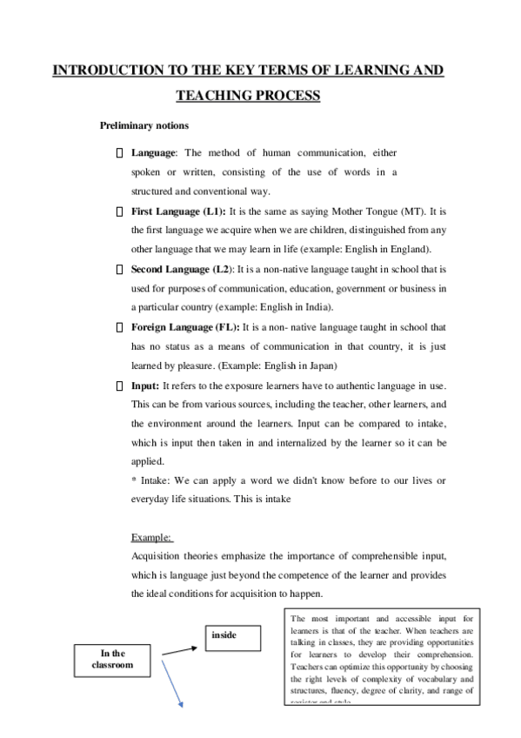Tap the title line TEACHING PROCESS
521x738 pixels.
247,95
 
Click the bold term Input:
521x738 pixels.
145,385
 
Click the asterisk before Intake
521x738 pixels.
133,481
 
